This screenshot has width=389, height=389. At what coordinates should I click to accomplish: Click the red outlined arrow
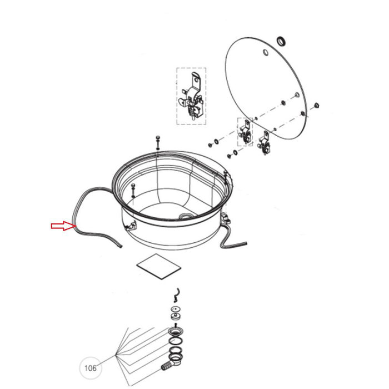pyautogui.click(x=63, y=226)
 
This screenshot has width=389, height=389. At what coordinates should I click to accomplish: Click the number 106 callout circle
pyautogui.click(x=90, y=368)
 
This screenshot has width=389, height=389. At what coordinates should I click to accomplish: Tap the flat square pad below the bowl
pyautogui.click(x=159, y=266)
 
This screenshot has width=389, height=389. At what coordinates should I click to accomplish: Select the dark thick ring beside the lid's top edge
pyautogui.click(x=281, y=41)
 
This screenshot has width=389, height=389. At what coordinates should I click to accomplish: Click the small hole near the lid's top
pyautogui.click(x=266, y=53)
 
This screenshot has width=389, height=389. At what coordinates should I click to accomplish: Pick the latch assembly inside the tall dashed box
pyautogui.click(x=191, y=96)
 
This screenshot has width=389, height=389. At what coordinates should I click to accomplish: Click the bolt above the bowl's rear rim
pyautogui.click(x=158, y=143)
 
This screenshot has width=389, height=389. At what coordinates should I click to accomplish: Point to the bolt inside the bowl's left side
pyautogui.click(x=133, y=190)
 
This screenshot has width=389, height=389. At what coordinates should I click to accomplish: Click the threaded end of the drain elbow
pyautogui.click(x=166, y=366)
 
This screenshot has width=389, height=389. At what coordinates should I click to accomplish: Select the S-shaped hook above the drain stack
pyautogui.click(x=177, y=295)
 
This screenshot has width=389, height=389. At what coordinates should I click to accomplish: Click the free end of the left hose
pyautogui.click(x=121, y=246)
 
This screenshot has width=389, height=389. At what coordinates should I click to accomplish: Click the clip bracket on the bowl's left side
pyautogui.click(x=131, y=226)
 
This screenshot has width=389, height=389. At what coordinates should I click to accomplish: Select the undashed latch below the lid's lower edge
pyautogui.click(x=265, y=143)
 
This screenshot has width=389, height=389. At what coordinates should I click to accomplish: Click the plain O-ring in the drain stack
pyautogui.click(x=176, y=341)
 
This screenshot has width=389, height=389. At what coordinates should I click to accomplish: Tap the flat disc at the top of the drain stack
pyautogui.click(x=176, y=310)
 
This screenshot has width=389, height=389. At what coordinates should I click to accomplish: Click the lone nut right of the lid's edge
pyautogui.click(x=316, y=106)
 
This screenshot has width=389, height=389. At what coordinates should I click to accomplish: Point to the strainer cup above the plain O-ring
pyautogui.click(x=176, y=331)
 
